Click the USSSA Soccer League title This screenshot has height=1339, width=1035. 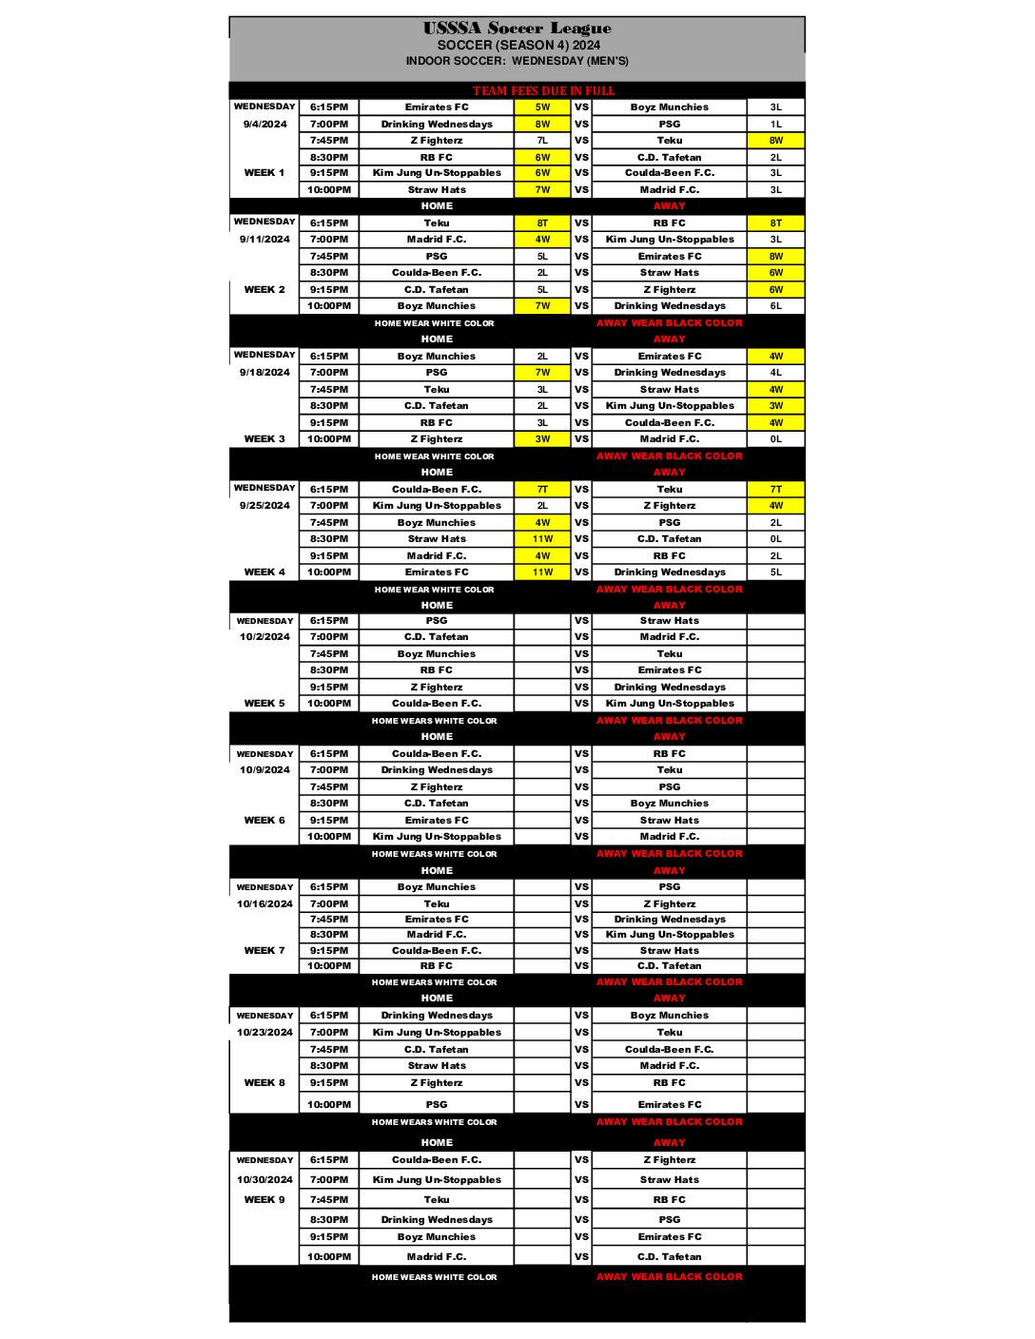pyautogui.click(x=517, y=28)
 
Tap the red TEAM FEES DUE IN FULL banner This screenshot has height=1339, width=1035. pyautogui.click(x=543, y=91)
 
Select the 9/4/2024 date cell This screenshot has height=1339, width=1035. pyautogui.click(x=264, y=125)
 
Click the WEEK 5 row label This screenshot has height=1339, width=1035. pyautogui.click(x=264, y=704)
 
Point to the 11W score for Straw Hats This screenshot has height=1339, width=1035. pyautogui.click(x=542, y=539)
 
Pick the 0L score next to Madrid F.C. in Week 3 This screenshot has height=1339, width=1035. pyautogui.click(x=775, y=439)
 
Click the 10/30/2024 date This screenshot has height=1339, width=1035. pyautogui.click(x=264, y=1180)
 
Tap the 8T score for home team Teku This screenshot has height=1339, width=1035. pyautogui.click(x=542, y=223)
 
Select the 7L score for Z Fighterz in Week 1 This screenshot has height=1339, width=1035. pyautogui.click(x=542, y=141)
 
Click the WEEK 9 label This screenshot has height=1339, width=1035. pyautogui.click(x=264, y=1200)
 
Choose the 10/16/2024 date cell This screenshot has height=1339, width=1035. pyautogui.click(x=264, y=904)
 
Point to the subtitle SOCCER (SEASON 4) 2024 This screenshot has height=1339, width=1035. pyautogui.click(x=518, y=45)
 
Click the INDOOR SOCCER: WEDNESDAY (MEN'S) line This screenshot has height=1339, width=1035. pyautogui.click(x=517, y=61)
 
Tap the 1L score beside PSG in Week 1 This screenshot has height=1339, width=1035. pyautogui.click(x=775, y=125)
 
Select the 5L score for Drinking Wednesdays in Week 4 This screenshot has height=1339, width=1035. pyautogui.click(x=775, y=572)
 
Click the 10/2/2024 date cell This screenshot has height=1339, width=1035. pyautogui.click(x=264, y=637)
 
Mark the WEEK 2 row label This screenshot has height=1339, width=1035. pyautogui.click(x=264, y=290)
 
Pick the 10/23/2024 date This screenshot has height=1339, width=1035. pyautogui.click(x=264, y=1033)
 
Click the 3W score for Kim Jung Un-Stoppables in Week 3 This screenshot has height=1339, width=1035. pyautogui.click(x=775, y=406)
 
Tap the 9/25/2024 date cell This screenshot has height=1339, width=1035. pyautogui.click(x=264, y=506)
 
